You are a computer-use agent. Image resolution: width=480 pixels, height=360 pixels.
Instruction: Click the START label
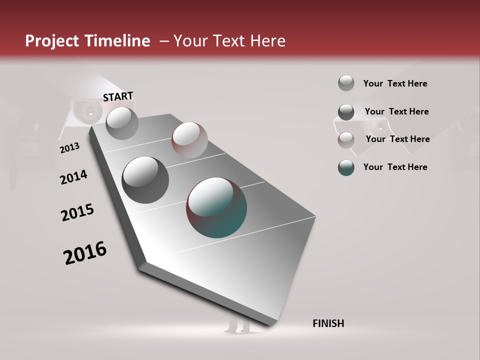click(x=118, y=96)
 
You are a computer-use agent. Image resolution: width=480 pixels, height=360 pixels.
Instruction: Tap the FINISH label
click(x=328, y=323)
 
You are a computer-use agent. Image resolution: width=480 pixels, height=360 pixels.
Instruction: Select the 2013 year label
click(x=69, y=148)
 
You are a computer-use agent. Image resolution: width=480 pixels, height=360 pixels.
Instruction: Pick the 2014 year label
click(x=73, y=177)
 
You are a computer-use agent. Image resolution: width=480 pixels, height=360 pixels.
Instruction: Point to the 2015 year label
click(x=77, y=212)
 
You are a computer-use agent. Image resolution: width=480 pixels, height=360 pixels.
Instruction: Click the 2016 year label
click(x=85, y=252)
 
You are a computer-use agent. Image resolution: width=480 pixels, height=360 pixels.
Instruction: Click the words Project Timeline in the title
click(x=87, y=41)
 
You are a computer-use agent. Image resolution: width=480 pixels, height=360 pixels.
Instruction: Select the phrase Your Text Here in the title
click(x=229, y=41)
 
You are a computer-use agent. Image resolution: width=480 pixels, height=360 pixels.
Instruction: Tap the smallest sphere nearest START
click(x=122, y=123)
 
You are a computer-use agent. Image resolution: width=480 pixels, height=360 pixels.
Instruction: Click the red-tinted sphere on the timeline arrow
click(x=189, y=140)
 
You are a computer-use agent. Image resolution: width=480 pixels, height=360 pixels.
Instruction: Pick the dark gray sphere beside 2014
click(x=145, y=179)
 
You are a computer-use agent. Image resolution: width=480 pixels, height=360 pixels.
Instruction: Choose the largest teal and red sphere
click(x=216, y=207)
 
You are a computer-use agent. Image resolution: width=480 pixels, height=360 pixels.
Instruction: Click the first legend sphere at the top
click(x=346, y=83)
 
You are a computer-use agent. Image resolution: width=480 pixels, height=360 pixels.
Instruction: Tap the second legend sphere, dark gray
click(x=346, y=112)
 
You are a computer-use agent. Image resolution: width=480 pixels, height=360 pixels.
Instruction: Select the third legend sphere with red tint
click(x=346, y=139)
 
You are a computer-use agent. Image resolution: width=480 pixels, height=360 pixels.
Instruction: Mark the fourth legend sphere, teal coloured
click(x=346, y=167)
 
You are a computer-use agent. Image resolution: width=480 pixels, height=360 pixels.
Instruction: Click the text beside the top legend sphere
click(x=395, y=83)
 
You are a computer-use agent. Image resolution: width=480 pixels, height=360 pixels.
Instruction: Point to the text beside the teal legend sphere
click(x=395, y=167)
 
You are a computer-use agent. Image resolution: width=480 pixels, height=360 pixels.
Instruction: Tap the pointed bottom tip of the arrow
click(x=270, y=324)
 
